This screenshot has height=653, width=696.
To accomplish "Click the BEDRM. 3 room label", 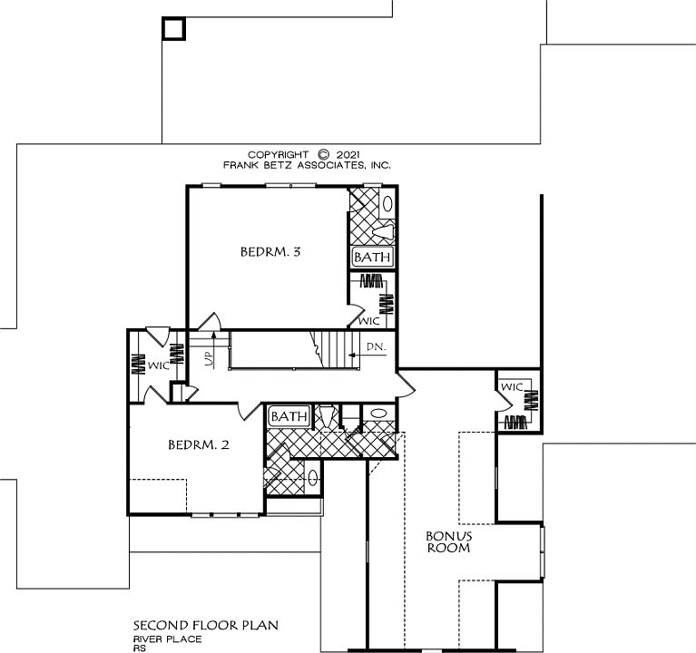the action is click(270, 252).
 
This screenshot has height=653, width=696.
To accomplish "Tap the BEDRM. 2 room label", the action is click(199, 444).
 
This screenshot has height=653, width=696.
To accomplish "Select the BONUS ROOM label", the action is click(449, 541).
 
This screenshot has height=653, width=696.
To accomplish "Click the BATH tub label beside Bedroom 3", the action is click(372, 257).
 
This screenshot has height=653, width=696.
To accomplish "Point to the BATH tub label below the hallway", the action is click(289, 416).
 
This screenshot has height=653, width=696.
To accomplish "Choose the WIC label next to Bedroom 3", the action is click(369, 321).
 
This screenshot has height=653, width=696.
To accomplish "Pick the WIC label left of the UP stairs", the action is click(159, 365).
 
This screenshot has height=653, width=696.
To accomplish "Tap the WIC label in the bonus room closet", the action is click(512, 387).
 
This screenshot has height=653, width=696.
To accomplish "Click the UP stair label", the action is click(209, 358).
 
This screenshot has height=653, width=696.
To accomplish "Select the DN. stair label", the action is click(377, 346).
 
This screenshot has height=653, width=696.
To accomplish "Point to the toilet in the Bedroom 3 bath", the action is click(383, 231).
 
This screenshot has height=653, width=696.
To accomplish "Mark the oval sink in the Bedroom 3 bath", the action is click(387, 204).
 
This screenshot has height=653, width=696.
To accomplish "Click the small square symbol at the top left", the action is click(173, 29).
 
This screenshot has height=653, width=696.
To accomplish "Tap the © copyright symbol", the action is click(324, 154).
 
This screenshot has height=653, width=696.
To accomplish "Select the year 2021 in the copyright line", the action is click(348, 155).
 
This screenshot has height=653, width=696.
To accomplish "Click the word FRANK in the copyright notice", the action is click(237, 165).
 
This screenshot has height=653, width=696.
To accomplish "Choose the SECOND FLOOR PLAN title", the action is click(206, 626).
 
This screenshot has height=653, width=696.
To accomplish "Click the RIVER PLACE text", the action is click(168, 639).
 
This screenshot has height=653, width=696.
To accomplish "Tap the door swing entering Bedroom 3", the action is click(209, 322).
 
